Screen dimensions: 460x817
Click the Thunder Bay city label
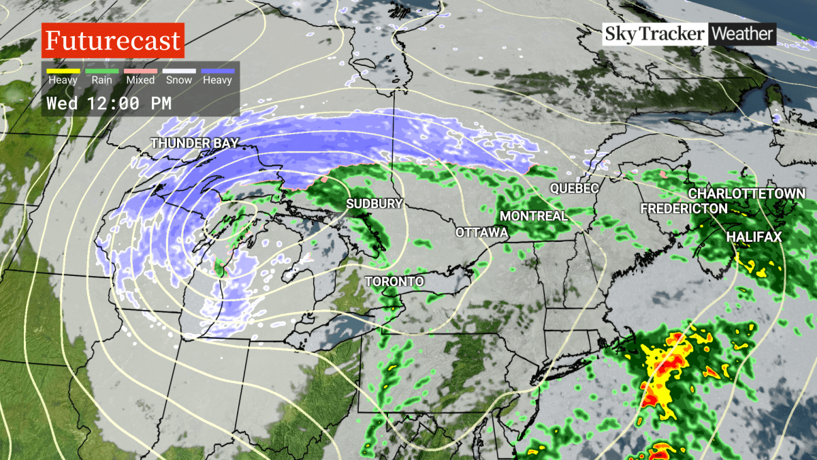point(194,143)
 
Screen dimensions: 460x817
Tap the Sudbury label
point(374,204)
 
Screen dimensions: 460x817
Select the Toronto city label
point(394,281)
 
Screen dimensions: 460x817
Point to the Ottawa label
point(482,233)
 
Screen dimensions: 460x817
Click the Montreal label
point(533,216)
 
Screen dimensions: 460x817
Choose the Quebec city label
point(574,187)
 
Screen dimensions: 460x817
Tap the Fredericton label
point(684,209)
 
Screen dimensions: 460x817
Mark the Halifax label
point(754,237)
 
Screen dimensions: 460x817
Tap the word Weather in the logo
point(742,33)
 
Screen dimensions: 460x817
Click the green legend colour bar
point(101,71)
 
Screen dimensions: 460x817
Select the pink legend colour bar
point(140,71)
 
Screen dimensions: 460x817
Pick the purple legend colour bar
point(217,71)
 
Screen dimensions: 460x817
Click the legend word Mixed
point(140,80)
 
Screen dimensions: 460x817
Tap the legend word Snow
point(179,80)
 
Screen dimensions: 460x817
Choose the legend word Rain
point(101,80)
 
